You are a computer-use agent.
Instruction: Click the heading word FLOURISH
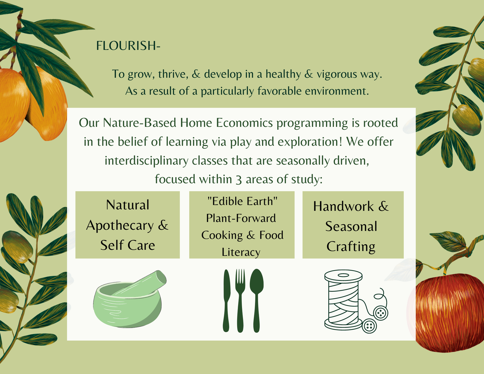coord(126,45)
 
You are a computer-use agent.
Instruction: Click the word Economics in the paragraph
coord(244,123)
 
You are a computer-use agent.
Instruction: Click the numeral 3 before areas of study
coord(239,179)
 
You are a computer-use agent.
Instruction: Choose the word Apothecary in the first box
coord(120,226)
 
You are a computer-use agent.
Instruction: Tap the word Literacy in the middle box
coord(241,252)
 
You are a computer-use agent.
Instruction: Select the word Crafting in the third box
coord(351,247)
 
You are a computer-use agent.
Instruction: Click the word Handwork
coord(343,206)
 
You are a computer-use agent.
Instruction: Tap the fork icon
coord(240,300)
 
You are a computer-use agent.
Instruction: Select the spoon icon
coord(257,300)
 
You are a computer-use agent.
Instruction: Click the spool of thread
coord(343,300)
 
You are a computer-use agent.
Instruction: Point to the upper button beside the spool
coord(381,313)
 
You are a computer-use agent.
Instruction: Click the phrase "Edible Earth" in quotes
coord(242,201)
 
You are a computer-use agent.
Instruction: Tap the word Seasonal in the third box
coord(351,227)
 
